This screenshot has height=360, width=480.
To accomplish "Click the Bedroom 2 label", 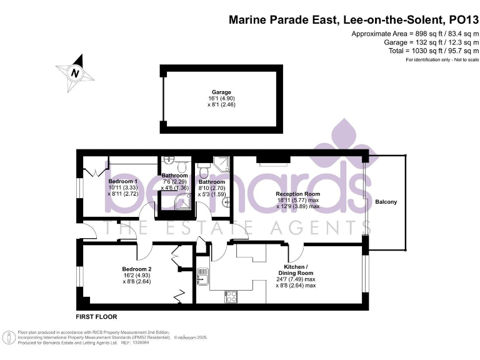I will (137, 269).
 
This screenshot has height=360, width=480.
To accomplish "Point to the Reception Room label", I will (297, 194).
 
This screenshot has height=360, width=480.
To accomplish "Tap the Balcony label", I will (386, 202).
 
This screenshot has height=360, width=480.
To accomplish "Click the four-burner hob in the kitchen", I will (231, 295).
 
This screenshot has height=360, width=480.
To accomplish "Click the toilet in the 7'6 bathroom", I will (181, 166).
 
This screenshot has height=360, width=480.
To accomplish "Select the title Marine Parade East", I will (284, 19).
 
